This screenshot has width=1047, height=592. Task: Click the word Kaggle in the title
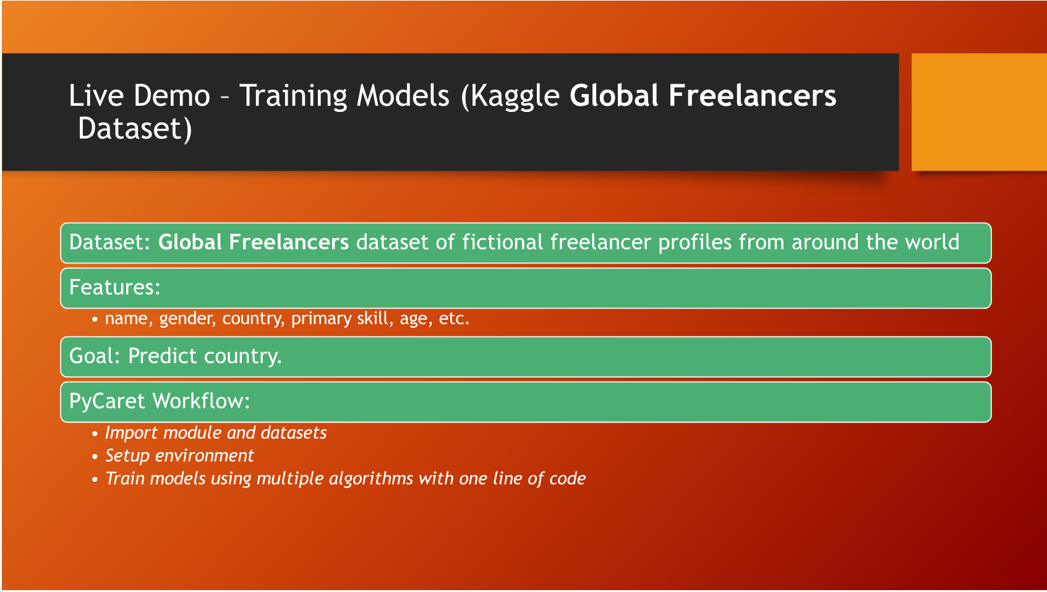tap(515, 97)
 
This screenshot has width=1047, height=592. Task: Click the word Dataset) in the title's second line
tap(135, 129)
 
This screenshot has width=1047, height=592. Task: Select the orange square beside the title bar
tap(978, 112)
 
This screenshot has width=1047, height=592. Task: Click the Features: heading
tap(115, 288)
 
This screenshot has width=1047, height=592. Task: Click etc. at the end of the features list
tap(454, 319)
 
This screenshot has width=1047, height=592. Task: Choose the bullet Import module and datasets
tap(215, 432)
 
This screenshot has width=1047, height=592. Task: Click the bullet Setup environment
tap(179, 456)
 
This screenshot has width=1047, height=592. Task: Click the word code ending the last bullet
tap(567, 479)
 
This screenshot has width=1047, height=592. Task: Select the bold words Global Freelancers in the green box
tap(254, 242)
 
